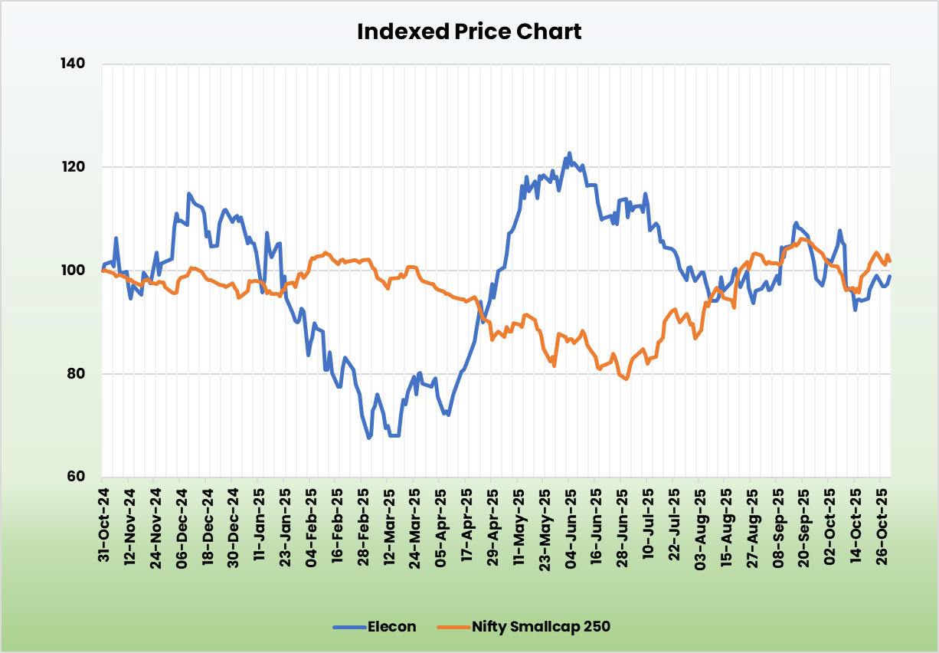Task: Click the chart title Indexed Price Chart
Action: pyautogui.click(x=469, y=31)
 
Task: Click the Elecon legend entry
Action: pyautogui.click(x=390, y=627)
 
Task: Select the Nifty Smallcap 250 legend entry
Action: pyautogui.click(x=540, y=627)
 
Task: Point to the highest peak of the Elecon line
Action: pyautogui.click(x=569, y=153)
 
